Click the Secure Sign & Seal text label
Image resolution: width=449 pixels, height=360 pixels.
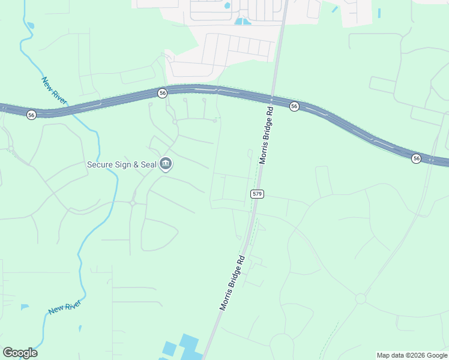(121, 164)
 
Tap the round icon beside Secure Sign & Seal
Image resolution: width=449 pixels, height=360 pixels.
(166, 164)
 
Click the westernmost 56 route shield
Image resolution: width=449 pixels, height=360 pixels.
(31, 114)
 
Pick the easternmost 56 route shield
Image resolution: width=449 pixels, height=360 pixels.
(416, 158)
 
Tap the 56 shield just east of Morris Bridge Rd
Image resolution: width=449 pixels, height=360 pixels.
(294, 106)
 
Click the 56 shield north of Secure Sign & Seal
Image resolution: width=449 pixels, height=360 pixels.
(162, 93)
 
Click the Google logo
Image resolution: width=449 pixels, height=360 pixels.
(20, 353)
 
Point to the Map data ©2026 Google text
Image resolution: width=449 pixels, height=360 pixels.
(412, 355)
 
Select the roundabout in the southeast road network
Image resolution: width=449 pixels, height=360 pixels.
(360, 298)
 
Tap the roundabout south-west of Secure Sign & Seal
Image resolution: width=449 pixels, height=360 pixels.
(132, 203)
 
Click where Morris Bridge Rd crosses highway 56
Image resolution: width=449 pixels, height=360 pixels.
(272, 98)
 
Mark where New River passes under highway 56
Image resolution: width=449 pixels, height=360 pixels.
(71, 109)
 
